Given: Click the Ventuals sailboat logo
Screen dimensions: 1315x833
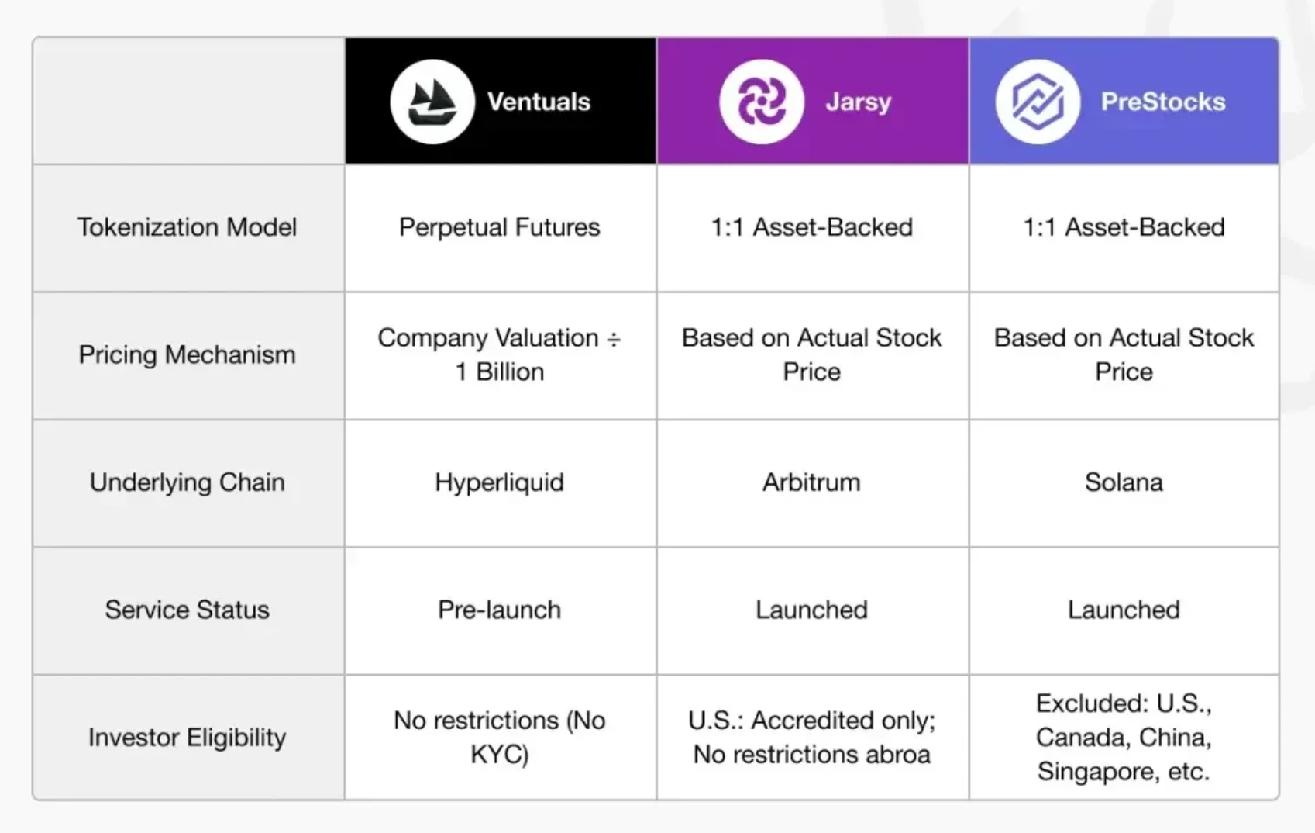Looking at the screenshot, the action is [432, 102].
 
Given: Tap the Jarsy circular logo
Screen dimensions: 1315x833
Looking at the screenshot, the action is [762, 102].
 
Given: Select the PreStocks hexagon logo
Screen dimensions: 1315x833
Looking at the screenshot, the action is [1038, 102].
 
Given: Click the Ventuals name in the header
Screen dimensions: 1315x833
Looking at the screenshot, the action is [539, 102].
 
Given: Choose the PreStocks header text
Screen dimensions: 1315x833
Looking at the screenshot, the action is [1163, 102].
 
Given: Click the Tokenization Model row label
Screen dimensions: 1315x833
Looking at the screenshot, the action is [188, 227].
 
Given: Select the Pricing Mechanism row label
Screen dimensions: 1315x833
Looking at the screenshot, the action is [188, 354].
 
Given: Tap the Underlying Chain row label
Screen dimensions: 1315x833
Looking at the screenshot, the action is [188, 483].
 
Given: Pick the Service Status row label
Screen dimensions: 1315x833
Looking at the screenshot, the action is [188, 610].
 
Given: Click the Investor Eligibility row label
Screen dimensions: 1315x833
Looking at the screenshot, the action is [188, 738].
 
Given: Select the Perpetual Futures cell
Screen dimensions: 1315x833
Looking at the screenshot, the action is [500, 227].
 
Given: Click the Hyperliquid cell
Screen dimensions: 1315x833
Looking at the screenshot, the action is [500, 483].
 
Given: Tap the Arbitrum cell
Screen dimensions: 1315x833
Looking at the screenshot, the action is [812, 482].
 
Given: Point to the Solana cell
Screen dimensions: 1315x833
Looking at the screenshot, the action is [1124, 482].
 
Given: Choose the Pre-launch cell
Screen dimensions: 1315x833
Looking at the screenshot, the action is [500, 610].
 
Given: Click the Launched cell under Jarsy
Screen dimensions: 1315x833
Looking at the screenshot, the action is [812, 610].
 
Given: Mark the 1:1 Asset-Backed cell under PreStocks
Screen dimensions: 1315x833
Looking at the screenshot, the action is [1124, 227].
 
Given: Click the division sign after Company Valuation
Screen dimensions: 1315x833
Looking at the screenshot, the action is [614, 339].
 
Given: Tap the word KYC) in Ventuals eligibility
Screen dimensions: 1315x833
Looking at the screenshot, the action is [500, 755].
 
